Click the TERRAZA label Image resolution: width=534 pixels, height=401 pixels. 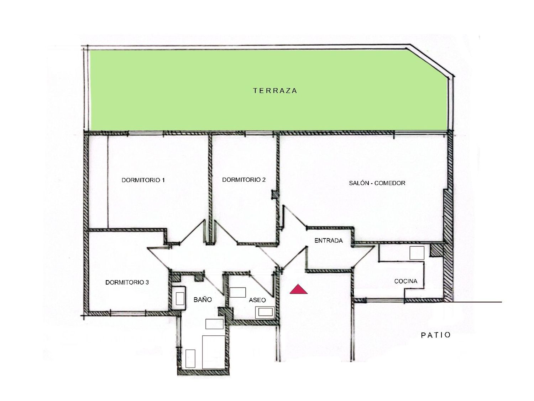(x=275, y=91)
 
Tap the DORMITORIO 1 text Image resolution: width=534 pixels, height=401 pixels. (x=143, y=180)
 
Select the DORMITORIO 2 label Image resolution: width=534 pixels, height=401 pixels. (x=244, y=180)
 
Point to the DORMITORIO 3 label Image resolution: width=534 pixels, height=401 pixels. (x=127, y=282)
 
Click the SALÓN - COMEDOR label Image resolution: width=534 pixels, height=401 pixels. (x=377, y=183)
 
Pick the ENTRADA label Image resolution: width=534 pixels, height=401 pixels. (x=329, y=241)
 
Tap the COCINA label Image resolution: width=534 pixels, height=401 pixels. (x=406, y=281)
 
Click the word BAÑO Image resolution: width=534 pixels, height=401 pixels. (x=203, y=299)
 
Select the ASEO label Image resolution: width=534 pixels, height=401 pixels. (x=257, y=300)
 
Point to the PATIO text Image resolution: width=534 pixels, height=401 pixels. (x=436, y=335)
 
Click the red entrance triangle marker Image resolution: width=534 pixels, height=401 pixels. (x=298, y=289)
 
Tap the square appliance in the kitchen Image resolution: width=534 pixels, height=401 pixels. (x=417, y=253)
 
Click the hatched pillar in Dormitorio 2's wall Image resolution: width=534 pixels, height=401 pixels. (x=274, y=195)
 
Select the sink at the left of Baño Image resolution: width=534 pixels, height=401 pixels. (x=179, y=298)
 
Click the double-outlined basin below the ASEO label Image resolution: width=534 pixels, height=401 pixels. (x=265, y=312)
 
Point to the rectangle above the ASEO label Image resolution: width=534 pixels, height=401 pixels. (x=238, y=292)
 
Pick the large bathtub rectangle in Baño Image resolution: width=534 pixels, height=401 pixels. (x=213, y=355)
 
